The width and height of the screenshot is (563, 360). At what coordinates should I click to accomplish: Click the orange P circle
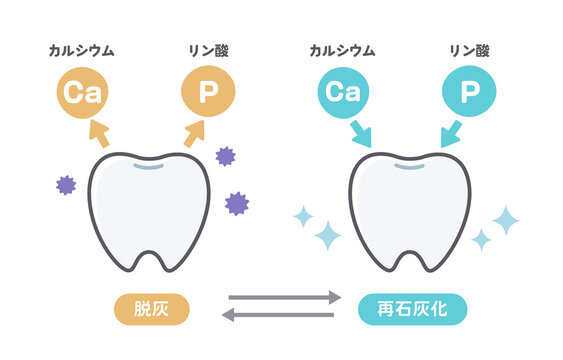tap(208, 93)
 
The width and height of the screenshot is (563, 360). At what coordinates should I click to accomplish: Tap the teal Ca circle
tap(343, 93)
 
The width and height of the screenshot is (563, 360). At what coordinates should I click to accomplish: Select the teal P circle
tap(468, 93)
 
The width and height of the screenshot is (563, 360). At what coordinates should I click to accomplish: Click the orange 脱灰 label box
tap(154, 308)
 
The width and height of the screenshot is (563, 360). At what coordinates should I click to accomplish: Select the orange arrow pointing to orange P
tap(192, 133)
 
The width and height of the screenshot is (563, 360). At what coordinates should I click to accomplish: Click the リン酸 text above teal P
tap(469, 49)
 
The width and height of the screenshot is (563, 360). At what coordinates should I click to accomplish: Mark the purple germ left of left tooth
tap(66, 184)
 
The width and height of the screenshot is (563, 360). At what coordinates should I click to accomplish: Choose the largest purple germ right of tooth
tap(237, 203)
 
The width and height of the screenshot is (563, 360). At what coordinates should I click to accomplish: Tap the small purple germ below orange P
tap(225, 156)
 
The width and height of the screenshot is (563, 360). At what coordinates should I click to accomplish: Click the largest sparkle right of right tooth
tap(506, 220)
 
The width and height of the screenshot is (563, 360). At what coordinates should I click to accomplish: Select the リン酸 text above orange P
tap(207, 49)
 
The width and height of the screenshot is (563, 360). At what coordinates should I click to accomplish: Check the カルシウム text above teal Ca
tap(343, 49)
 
